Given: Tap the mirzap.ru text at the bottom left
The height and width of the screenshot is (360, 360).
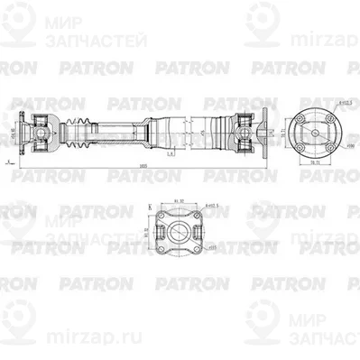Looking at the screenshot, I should pos(41,343).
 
